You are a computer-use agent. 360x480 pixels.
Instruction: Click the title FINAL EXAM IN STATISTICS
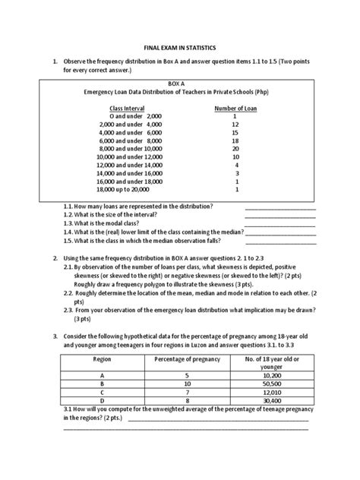tap(179, 46)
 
